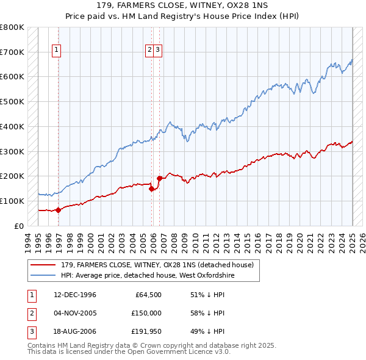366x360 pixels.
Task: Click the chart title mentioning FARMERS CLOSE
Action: pos(182,5)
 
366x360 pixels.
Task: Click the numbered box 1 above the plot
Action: pos(56,51)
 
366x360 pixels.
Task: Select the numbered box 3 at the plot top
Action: pos(157,51)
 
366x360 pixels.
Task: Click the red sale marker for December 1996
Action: pos(59,210)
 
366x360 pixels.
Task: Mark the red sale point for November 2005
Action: pos(151,189)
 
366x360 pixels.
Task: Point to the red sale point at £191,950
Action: pos(159,178)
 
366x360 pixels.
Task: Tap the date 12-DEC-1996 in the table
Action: pos(74,295)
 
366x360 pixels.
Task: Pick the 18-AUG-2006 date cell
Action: pos(75,331)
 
